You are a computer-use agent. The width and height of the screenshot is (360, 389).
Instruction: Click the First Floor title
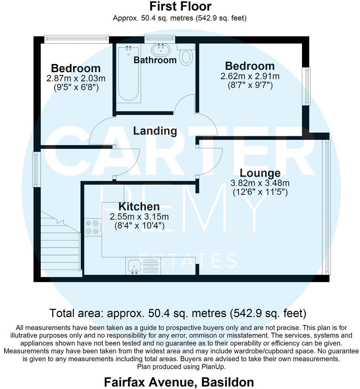pyautogui.click(x=180, y=6)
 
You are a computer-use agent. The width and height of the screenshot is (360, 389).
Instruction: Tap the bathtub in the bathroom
pyautogui.click(x=129, y=74)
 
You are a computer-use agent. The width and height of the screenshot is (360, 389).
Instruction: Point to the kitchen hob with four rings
pyautogui.click(x=93, y=227)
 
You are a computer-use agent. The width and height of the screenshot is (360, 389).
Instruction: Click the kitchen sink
pyautogui.click(x=133, y=266)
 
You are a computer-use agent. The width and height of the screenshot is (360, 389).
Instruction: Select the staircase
pyautogui.click(x=60, y=242)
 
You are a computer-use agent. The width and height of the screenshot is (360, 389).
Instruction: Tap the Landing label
pyautogui.click(x=155, y=131)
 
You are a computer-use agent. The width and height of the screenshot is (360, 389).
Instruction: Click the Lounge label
pyautogui.click(x=260, y=173)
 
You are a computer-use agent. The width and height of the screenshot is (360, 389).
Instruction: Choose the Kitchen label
pyautogui.click(x=139, y=206)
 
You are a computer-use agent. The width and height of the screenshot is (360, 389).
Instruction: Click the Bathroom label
pyautogui.click(x=155, y=60)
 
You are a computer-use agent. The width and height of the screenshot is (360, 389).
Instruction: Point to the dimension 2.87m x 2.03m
pyautogui.click(x=76, y=78)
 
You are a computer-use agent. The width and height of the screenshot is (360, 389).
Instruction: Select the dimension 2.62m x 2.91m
pyautogui.click(x=250, y=76)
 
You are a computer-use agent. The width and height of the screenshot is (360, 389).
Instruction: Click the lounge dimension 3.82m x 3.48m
pyautogui.click(x=260, y=183)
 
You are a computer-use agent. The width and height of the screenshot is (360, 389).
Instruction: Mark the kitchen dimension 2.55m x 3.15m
pyautogui.click(x=139, y=217)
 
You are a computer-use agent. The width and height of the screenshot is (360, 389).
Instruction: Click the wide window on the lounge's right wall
pyautogui.click(x=327, y=206)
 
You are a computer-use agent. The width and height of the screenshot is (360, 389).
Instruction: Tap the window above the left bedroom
pyautogui.click(x=77, y=38)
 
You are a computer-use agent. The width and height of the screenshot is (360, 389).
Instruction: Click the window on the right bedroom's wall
pyautogui.click(x=306, y=86)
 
